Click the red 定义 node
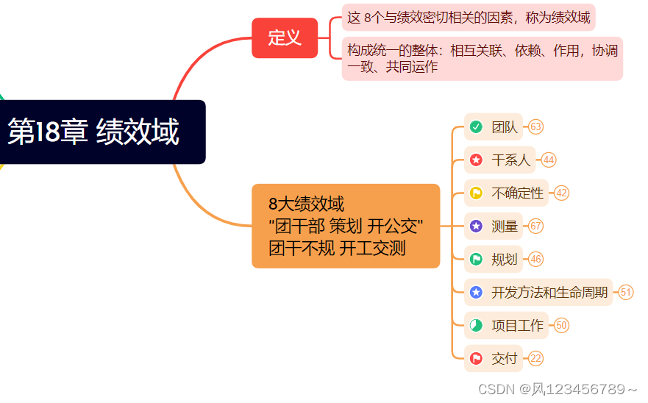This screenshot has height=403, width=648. click(x=285, y=38)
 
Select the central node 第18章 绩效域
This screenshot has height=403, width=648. click(x=102, y=132)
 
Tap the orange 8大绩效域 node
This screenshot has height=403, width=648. click(x=346, y=226)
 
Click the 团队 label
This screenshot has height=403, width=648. click(x=505, y=127)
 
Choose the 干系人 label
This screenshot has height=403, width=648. click(x=510, y=160)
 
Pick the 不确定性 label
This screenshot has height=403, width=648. click(x=517, y=193)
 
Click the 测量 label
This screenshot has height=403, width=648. click(x=505, y=227)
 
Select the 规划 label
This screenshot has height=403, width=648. click(x=505, y=260)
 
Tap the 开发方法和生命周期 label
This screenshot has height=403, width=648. click(x=549, y=293)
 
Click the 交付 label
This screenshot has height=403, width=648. click(x=505, y=359)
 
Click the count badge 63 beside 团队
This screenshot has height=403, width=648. click(x=535, y=127)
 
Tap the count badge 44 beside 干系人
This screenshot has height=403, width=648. click(x=548, y=160)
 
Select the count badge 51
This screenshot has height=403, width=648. click(x=626, y=293)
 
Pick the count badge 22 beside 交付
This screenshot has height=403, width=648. click(x=535, y=359)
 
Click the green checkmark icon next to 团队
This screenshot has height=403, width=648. click(x=476, y=127)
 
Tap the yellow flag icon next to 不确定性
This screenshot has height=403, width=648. click(x=476, y=193)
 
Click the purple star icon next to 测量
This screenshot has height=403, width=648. click(x=476, y=227)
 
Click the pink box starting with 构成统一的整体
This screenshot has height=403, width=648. click(x=482, y=58)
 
